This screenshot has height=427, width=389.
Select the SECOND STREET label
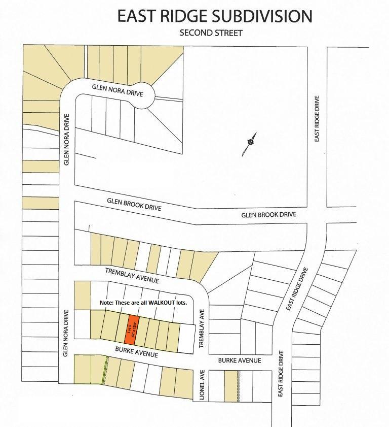click(x=211, y=34)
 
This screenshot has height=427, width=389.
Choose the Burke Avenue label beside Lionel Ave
click(x=239, y=360)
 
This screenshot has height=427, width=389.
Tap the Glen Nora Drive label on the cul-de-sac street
click(x=118, y=90)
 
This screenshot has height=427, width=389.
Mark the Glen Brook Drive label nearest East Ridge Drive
click(x=268, y=215)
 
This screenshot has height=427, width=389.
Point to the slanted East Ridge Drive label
click(x=297, y=289)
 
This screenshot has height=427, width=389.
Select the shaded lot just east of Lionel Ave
click(x=230, y=385)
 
